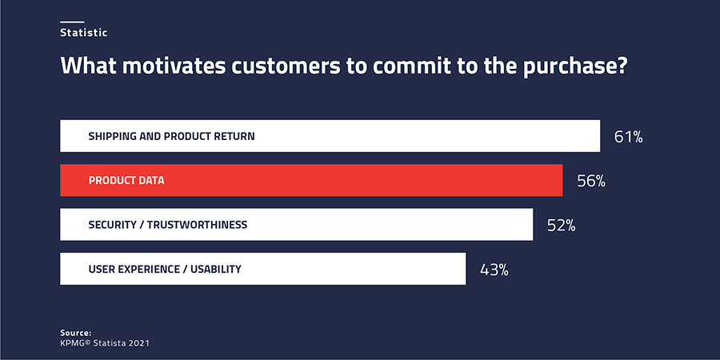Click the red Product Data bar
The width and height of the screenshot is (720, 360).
(x=311, y=181)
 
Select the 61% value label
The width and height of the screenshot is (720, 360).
(x=628, y=138)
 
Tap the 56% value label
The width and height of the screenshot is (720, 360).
(x=591, y=182)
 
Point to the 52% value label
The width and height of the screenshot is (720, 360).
(x=561, y=226)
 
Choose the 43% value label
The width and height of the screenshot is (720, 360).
(x=494, y=270)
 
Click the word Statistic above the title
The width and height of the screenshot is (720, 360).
(x=83, y=33)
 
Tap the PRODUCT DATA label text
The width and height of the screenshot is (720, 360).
(x=126, y=181)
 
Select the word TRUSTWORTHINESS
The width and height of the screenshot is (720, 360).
(x=197, y=225)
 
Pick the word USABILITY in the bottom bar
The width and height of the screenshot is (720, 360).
(x=216, y=269)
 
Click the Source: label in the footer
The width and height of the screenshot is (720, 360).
(x=76, y=333)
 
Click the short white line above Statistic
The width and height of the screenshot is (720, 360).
(x=72, y=22)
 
